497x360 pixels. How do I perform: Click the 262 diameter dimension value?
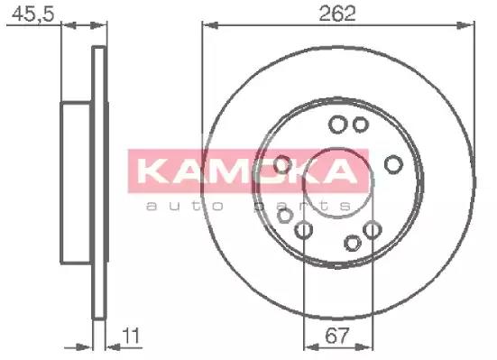(337, 14)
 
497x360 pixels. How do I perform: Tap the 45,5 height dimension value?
(33, 14)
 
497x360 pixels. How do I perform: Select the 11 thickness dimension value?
(131, 336)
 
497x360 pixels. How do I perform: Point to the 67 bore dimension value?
(337, 336)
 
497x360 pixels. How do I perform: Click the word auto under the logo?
(185, 207)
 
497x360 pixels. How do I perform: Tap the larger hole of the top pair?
(338, 125)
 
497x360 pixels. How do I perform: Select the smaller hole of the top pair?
(361, 125)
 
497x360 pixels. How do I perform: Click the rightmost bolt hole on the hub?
(393, 164)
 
